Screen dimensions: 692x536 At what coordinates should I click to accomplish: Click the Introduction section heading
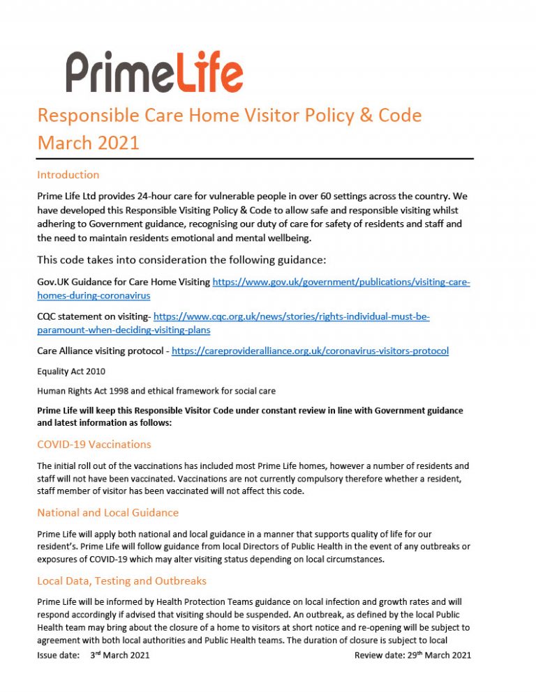tap(68, 174)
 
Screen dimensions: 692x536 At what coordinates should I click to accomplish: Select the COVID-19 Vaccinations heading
tap(94, 444)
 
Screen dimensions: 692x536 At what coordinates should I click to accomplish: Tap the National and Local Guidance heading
tap(107, 512)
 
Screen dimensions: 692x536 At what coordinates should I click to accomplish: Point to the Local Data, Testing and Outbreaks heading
tap(121, 580)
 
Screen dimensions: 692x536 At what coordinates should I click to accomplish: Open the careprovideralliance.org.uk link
tap(310, 351)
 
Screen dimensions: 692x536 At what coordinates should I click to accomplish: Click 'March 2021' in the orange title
tap(89, 143)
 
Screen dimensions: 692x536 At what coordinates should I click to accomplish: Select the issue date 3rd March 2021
tap(119, 655)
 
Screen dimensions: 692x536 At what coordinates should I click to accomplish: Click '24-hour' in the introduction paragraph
tap(163, 197)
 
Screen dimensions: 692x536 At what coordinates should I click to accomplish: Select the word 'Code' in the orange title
tap(399, 115)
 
